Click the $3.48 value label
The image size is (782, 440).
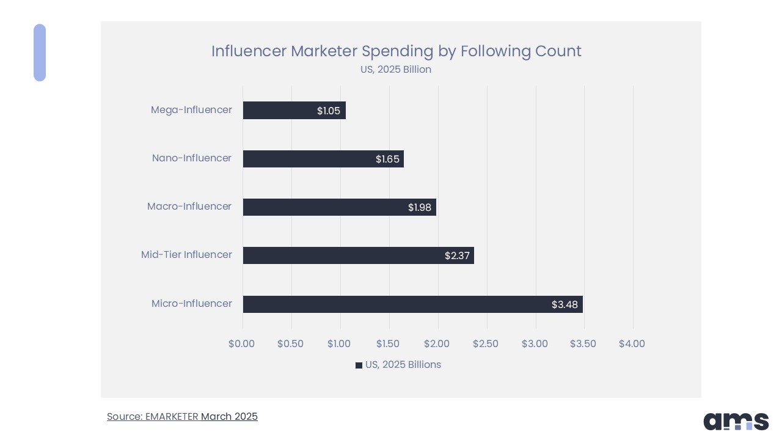(x=565, y=304)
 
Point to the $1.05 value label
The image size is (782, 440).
(x=329, y=111)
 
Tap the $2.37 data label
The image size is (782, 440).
(x=457, y=255)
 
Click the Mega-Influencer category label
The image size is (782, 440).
(x=191, y=110)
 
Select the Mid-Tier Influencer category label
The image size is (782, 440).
(x=186, y=255)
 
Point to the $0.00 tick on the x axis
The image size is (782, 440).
(x=242, y=343)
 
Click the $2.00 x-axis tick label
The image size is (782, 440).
(x=437, y=343)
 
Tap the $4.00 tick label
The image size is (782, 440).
(x=632, y=343)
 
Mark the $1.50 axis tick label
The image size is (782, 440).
(x=388, y=343)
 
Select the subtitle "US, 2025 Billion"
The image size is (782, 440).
(x=396, y=70)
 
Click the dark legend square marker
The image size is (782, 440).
(x=359, y=365)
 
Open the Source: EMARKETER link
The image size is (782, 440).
(x=153, y=417)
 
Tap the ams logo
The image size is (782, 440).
(x=736, y=421)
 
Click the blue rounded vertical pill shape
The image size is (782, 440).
(x=40, y=53)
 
